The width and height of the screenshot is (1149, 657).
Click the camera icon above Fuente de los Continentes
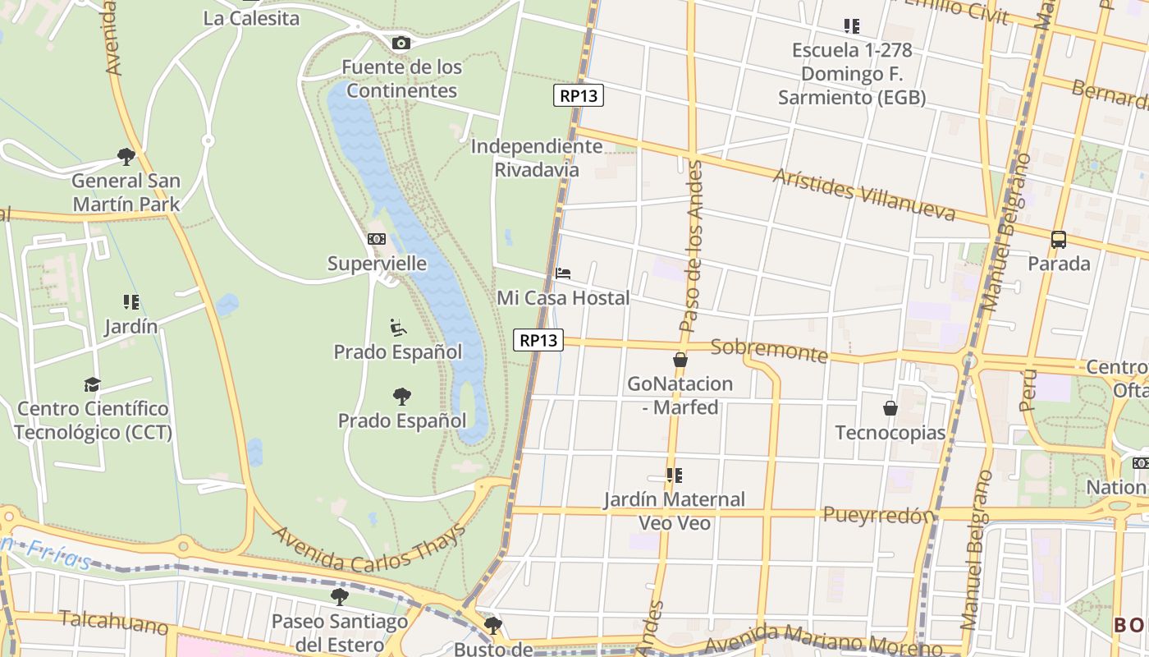pyautogui.click(x=401, y=43)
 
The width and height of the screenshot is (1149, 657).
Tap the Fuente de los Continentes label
pyautogui.click(x=401, y=79)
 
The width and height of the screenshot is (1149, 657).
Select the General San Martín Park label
pyautogui.click(x=126, y=192)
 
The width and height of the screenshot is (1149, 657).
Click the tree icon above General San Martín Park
pyautogui.click(x=126, y=156)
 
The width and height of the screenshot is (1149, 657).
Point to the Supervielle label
pyautogui.click(x=377, y=264)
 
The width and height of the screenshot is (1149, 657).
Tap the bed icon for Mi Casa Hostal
pyautogui.click(x=563, y=273)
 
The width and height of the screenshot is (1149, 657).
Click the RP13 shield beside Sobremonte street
pyautogui.click(x=538, y=339)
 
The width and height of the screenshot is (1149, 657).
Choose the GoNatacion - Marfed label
pyautogui.click(x=680, y=395)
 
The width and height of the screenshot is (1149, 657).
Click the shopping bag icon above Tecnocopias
pyautogui.click(x=890, y=407)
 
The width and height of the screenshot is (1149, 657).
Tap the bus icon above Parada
pyautogui.click(x=1059, y=240)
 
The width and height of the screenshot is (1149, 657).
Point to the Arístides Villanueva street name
pyautogui.click(x=864, y=195)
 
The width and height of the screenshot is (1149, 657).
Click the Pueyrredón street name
pyautogui.click(x=878, y=516)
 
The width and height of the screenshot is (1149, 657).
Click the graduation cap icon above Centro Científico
pyautogui.click(x=92, y=384)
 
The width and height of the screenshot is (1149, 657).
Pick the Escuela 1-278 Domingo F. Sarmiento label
pyautogui.click(x=852, y=74)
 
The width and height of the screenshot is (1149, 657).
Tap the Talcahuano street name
pyautogui.click(x=113, y=622)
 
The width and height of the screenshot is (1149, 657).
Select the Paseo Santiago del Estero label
pyautogui.click(x=340, y=633)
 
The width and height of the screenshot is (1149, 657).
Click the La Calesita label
pyautogui.click(x=251, y=18)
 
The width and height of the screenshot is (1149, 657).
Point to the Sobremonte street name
pyautogui.click(x=769, y=350)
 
